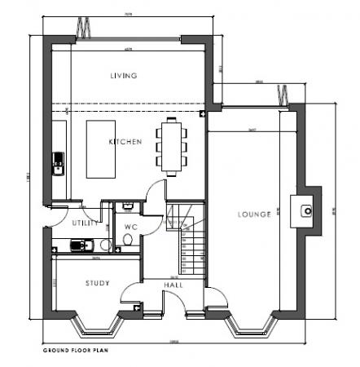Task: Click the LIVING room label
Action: coord(124,76)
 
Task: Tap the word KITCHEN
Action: coord(125,142)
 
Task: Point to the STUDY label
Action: coord(98,283)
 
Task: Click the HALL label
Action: coord(173,285)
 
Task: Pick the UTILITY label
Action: coord(85,222)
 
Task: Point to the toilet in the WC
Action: coord(127,238)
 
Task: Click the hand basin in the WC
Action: coord(127,206)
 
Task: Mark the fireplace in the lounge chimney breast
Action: coord(306,210)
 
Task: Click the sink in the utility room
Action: coord(78,244)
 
